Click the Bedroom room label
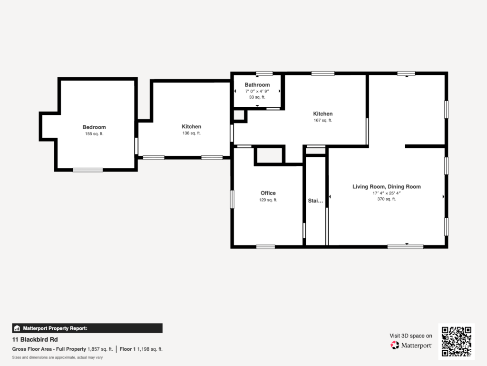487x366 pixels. [94, 127]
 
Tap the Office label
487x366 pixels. [268, 193]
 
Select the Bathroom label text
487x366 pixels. [257, 85]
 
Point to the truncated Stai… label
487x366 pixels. [315, 201]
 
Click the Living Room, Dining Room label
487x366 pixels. [386, 186]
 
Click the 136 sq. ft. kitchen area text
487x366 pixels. [191, 133]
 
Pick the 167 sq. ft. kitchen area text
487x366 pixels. [323, 121]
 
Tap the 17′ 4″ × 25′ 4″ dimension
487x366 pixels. [386, 193]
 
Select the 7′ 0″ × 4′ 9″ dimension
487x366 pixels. [257, 91]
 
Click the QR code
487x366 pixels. [456, 341]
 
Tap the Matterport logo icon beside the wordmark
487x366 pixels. [395, 345]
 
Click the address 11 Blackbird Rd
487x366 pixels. [35, 339]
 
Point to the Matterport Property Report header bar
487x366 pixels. [88, 328]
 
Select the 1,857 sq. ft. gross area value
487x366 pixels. [100, 349]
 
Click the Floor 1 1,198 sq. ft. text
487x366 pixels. [141, 349]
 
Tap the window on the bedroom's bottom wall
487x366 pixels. [88, 170]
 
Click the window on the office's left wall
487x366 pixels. [232, 199]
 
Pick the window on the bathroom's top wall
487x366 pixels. [264, 73]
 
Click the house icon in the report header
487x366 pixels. [17, 328]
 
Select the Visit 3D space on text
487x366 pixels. [410, 336]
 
